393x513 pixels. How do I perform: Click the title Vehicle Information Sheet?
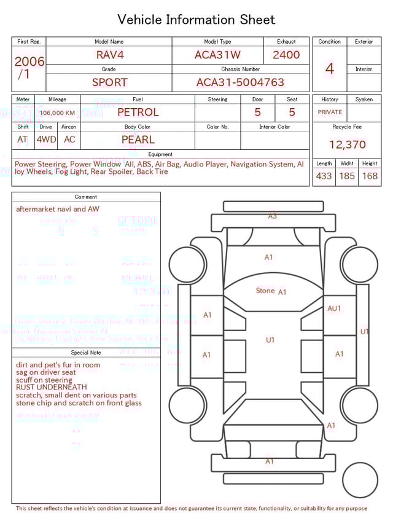[x=196, y=20]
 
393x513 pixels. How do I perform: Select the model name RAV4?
[x=110, y=55]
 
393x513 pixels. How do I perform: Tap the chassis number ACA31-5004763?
[x=240, y=82]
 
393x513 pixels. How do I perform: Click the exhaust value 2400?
[x=286, y=55]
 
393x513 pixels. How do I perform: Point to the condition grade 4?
[x=329, y=68]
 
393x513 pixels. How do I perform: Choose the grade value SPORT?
[x=110, y=82]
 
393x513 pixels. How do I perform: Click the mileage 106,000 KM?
[x=58, y=113]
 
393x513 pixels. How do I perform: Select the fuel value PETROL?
[x=138, y=112]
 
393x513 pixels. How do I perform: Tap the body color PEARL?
[x=138, y=139]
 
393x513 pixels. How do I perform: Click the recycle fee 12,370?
[x=347, y=144]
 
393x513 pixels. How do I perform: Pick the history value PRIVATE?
[x=330, y=112]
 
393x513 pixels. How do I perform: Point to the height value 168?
[x=370, y=176]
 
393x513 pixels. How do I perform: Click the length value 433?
[x=324, y=176]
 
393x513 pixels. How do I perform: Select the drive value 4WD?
[x=46, y=139]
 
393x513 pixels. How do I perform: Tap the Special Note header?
[x=86, y=353]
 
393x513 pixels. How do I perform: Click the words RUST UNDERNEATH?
[x=52, y=388]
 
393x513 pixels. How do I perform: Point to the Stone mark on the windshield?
[x=265, y=291]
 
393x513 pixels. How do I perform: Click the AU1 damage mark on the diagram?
[x=334, y=308]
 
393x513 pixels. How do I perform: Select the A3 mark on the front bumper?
[x=272, y=216]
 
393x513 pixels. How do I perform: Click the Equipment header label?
[x=160, y=154]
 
